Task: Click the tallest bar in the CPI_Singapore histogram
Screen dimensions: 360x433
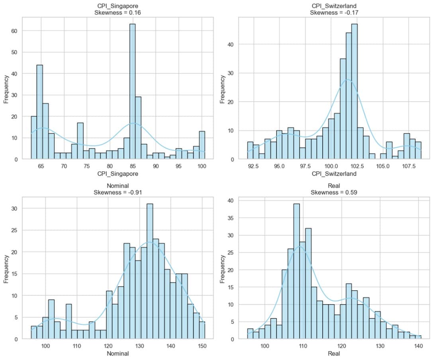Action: [x=132, y=92]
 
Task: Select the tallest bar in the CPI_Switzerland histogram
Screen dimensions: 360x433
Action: [x=354, y=92]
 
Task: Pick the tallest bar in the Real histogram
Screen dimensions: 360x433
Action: [x=296, y=271]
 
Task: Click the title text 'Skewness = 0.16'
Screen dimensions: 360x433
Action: [x=117, y=13]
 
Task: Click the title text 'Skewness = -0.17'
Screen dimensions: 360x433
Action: [x=334, y=13]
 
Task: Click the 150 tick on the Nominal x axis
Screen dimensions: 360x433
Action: [x=202, y=346]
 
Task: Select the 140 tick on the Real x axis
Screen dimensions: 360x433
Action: [x=418, y=346]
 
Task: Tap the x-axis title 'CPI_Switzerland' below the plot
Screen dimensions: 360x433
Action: [x=334, y=174]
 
